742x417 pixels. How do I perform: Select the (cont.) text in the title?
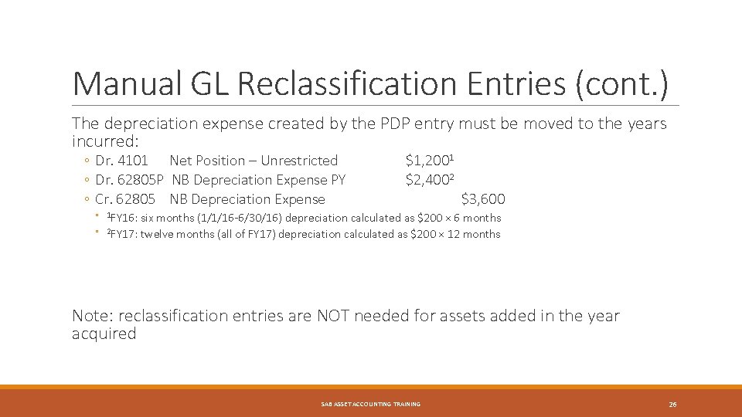click(x=621, y=83)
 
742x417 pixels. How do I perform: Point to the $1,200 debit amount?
click(x=427, y=161)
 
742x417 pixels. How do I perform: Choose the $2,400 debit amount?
click(x=427, y=180)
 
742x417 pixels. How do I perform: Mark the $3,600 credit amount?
click(x=483, y=199)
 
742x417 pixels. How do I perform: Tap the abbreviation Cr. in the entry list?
click(x=104, y=199)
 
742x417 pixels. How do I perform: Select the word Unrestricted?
click(x=299, y=161)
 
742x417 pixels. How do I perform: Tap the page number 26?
click(x=672, y=404)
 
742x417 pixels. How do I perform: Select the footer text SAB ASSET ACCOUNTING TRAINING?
click(x=371, y=404)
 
